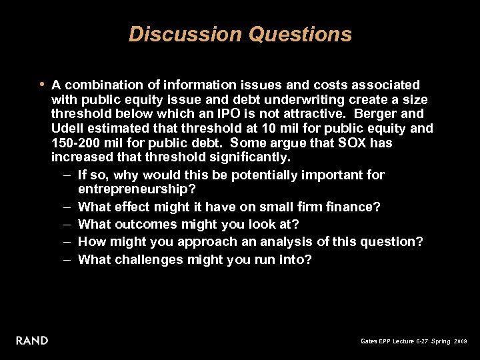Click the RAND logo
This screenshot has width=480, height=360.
tap(33, 341)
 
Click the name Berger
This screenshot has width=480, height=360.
tap(378, 114)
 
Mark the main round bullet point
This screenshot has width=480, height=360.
tap(42, 85)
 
